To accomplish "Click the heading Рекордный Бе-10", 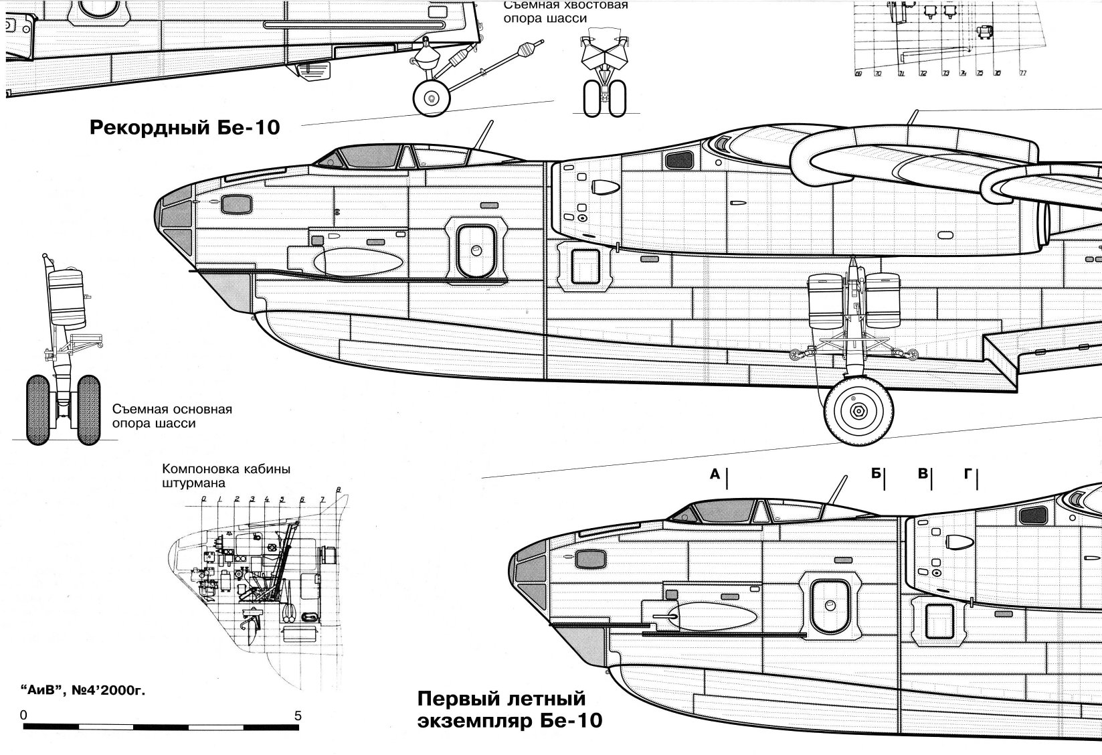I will pos(184,127).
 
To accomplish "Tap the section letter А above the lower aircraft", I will pos(715,475).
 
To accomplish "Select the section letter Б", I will pos(876,474).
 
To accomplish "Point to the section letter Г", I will pos(968,474).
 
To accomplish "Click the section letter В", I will pos(923,474).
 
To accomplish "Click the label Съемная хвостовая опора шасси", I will pos(566,11).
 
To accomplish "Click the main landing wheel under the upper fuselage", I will pos(858,409).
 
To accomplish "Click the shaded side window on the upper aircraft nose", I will pos(236,203).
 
